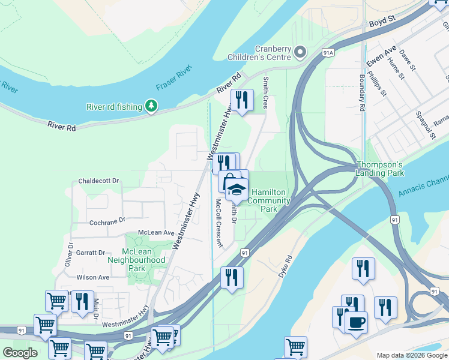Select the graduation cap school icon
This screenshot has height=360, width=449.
(237, 190)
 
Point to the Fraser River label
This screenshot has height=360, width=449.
(173, 79)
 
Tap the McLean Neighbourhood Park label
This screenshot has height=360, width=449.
(136, 260)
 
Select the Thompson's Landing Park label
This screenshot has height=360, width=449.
(381, 169)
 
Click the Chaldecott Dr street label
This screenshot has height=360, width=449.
(99, 181)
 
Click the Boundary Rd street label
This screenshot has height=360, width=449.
(362, 94)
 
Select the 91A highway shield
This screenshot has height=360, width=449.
(327, 53)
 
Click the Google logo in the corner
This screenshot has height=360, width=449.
(20, 353)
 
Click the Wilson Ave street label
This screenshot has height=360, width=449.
(93, 277)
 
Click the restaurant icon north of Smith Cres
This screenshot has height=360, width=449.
(241, 100)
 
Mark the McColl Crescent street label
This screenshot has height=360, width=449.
(220, 224)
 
